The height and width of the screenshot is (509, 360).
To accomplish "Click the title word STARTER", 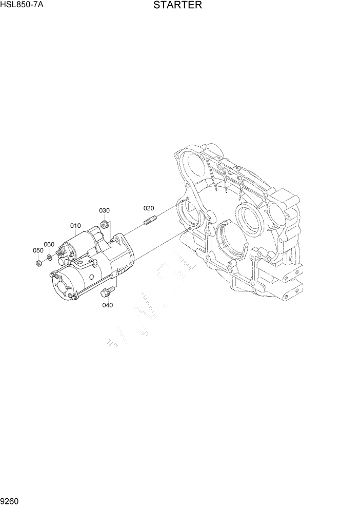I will pyautogui.click(x=177, y=6).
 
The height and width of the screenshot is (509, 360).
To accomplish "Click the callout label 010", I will pyautogui.click(x=75, y=226).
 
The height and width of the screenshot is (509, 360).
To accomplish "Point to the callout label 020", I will pyautogui.click(x=148, y=208).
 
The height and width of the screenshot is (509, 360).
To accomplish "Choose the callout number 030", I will pyautogui.click(x=104, y=211).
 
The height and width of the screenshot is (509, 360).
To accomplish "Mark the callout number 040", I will pyautogui.click(x=107, y=305).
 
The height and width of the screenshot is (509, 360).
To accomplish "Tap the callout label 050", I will pyautogui.click(x=38, y=250).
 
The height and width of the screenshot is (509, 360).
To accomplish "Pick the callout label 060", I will pyautogui.click(x=49, y=244).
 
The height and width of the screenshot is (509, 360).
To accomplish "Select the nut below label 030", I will pyautogui.click(x=105, y=224).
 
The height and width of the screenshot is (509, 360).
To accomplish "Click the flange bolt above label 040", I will pyautogui.click(x=108, y=292).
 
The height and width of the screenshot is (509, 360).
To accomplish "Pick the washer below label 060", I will pyautogui.click(x=49, y=256).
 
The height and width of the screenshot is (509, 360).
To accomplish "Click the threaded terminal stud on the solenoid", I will pyautogui.click(x=61, y=251).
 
